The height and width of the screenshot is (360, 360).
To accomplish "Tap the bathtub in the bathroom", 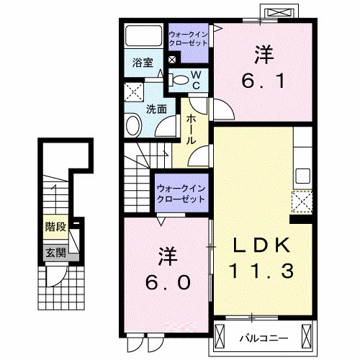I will pos(143,36).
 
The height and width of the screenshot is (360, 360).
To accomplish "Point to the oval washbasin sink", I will pos(134,127).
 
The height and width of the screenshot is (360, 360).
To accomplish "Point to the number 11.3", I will pos(260,272).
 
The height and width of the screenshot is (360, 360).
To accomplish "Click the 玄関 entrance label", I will pos(55,253).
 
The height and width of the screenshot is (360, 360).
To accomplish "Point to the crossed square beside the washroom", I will pos(132,92).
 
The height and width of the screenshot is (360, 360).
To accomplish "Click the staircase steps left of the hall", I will pos(137,176).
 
